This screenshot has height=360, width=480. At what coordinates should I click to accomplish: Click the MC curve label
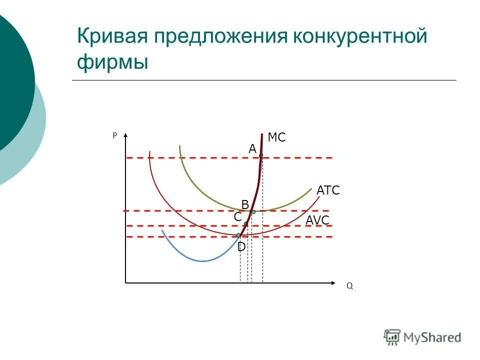[x=276, y=137]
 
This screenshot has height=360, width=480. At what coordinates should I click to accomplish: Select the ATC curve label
[x=328, y=190]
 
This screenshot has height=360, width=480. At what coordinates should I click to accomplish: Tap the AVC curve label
[x=317, y=220]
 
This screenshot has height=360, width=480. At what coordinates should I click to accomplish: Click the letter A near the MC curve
[x=252, y=149]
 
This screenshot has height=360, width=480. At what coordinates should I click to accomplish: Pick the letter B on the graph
[x=245, y=204]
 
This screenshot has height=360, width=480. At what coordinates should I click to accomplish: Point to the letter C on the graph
[x=237, y=217]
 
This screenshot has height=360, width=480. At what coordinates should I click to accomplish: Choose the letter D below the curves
[x=241, y=247]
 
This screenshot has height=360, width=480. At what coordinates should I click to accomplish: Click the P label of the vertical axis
[x=114, y=135]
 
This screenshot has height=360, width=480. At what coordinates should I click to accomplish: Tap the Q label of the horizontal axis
[x=349, y=286]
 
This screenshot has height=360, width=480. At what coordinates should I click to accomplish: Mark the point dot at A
[x=261, y=155]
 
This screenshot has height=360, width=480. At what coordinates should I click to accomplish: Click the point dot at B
[x=253, y=212]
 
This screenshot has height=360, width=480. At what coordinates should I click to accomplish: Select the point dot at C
[x=246, y=223]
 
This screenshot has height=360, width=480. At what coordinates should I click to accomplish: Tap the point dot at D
[x=238, y=235]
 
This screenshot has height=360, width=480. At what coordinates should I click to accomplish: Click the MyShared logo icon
[x=392, y=337]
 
